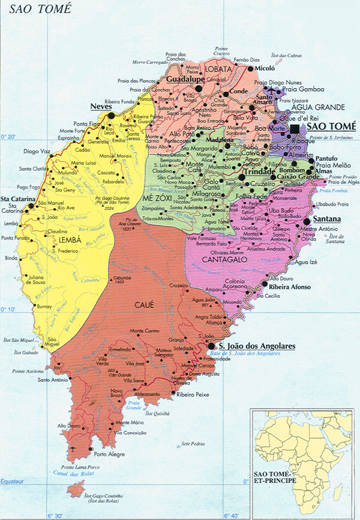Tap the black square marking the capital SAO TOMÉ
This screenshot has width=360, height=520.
point(295,129)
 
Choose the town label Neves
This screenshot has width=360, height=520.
point(101,106)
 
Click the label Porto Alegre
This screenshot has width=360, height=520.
point(109,454)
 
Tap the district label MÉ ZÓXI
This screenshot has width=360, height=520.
point(156,197)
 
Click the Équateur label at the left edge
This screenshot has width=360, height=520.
point(14,480)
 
